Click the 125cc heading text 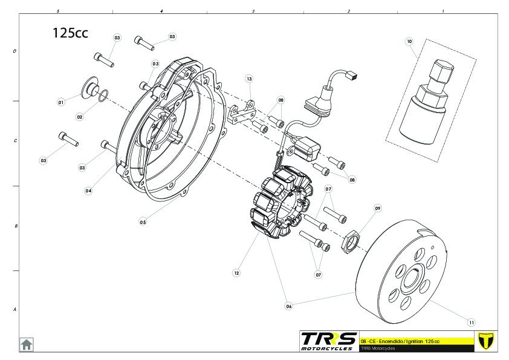(x=70, y=33)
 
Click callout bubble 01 (x=60, y=102)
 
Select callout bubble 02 (x=80, y=116)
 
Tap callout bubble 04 (x=88, y=191)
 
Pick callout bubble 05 (x=143, y=222)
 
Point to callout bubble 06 (x=288, y=306)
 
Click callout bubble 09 (x=378, y=208)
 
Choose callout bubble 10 (x=409, y=42)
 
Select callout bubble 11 (x=472, y=322)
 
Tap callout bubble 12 (x=236, y=273)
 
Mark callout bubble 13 (x=248, y=79)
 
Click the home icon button (x=27, y=344)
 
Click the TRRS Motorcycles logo (x=329, y=341)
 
